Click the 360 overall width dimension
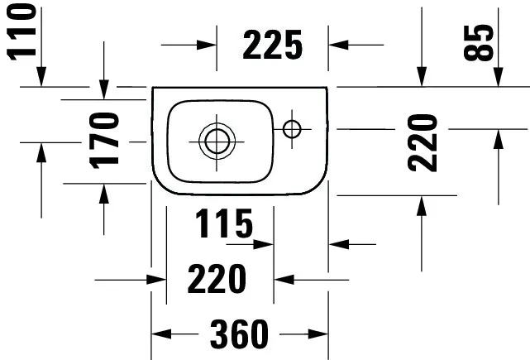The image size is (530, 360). (x=239, y=334)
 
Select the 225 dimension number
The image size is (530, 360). (x=272, y=45)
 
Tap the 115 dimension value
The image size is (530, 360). (x=224, y=223)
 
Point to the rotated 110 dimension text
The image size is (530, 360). (x=21, y=32)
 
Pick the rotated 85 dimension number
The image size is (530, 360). (x=478, y=43)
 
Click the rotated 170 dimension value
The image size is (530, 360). (x=104, y=141)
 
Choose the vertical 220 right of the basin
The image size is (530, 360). (x=423, y=143)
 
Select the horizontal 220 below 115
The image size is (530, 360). (x=217, y=279)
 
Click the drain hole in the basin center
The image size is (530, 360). (x=217, y=142)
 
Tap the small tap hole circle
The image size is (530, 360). (x=292, y=129)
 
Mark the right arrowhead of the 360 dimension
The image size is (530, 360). (x=318, y=334)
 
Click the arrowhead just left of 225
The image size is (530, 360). (x=207, y=45)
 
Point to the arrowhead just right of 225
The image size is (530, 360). (x=338, y=45)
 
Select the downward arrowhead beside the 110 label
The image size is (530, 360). (x=41, y=77)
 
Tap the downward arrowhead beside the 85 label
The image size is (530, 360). (x=499, y=77)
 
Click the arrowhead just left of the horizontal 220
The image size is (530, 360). (x=156, y=280)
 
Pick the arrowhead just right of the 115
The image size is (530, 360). (x=263, y=244)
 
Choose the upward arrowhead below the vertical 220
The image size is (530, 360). (x=422, y=206)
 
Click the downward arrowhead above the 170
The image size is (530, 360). (x=104, y=89)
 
